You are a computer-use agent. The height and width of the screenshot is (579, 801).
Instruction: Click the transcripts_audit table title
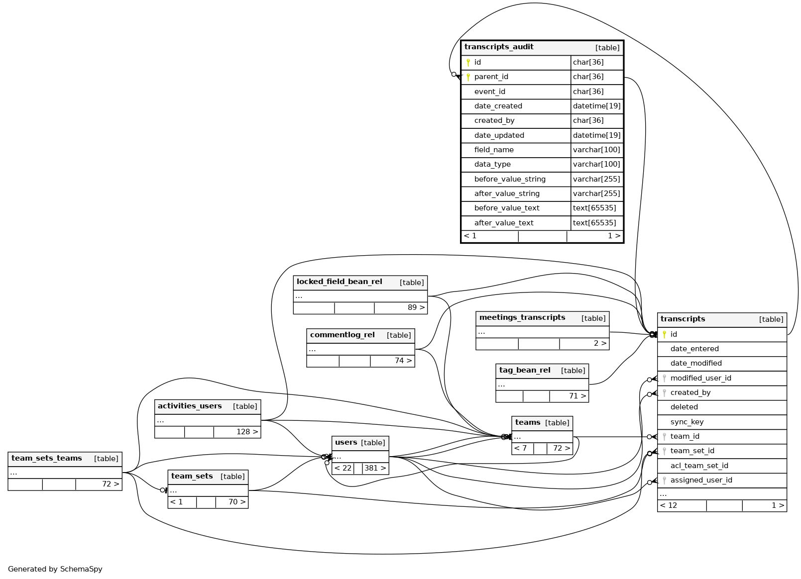(x=499, y=47)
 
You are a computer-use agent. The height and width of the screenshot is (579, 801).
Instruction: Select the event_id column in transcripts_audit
(x=489, y=92)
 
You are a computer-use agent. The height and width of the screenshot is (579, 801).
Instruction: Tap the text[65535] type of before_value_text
(x=594, y=208)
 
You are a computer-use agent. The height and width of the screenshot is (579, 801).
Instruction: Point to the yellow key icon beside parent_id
(x=468, y=77)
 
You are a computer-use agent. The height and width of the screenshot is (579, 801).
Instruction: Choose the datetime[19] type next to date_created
(x=596, y=106)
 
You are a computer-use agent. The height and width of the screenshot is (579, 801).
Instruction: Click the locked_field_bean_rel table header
(x=340, y=282)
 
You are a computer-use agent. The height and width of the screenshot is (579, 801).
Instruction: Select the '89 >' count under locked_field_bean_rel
(x=416, y=307)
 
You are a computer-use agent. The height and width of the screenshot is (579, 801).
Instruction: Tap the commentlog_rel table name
(x=343, y=335)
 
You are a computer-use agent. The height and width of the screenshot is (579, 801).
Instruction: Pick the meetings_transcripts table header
(x=522, y=318)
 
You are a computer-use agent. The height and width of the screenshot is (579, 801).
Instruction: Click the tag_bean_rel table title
(x=525, y=371)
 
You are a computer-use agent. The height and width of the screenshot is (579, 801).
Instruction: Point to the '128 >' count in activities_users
(x=247, y=432)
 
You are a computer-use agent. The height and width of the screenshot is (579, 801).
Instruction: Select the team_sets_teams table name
(x=47, y=459)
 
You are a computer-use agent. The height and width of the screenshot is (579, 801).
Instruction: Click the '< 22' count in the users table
(x=343, y=468)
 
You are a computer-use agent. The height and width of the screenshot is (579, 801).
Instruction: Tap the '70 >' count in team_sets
(x=236, y=502)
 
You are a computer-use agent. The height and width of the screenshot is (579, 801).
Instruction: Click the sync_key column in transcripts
(x=687, y=422)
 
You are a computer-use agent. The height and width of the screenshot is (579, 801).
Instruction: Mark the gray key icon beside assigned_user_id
(x=664, y=481)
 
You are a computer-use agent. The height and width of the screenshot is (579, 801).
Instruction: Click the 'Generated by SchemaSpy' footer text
(x=55, y=569)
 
